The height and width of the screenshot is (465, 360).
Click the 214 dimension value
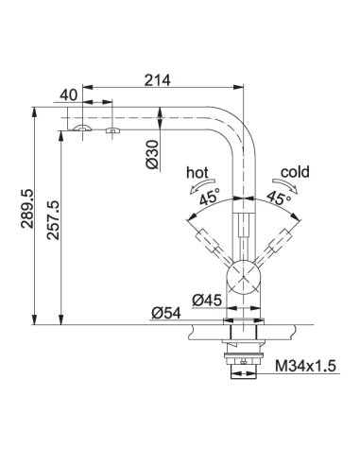click(157, 80)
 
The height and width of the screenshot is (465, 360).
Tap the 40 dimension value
click(68, 95)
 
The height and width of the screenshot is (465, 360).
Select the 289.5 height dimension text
click(26, 209)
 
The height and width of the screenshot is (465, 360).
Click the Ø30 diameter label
click(153, 154)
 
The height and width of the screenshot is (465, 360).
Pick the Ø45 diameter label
click(207, 301)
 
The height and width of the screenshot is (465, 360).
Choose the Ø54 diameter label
click(166, 313)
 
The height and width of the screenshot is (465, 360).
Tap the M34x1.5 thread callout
click(305, 366)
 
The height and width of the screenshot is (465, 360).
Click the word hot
click(197, 173)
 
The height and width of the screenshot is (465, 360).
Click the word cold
click(295, 172)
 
